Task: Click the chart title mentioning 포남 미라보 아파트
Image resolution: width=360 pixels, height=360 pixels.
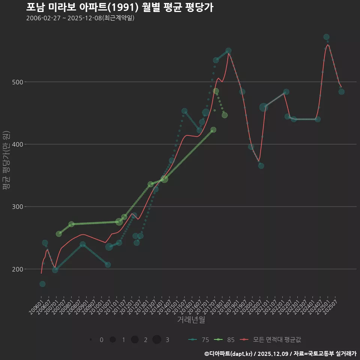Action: (120, 7)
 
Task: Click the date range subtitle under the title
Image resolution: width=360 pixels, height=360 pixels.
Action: (80, 18)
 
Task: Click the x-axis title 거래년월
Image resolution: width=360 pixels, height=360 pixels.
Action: (191, 320)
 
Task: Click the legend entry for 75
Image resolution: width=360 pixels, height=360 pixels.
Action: (199, 340)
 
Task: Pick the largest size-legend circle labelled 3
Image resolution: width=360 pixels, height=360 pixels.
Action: (157, 340)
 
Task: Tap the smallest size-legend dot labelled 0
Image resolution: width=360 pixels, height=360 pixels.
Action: (91, 340)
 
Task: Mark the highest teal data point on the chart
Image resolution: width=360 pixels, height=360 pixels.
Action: (326, 37)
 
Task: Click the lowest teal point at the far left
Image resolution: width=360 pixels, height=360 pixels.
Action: (42, 284)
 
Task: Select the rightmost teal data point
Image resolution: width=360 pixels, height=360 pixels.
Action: (341, 92)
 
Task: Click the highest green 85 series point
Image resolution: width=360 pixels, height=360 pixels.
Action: (216, 91)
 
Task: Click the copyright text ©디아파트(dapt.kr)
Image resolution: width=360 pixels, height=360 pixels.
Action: (229, 354)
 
